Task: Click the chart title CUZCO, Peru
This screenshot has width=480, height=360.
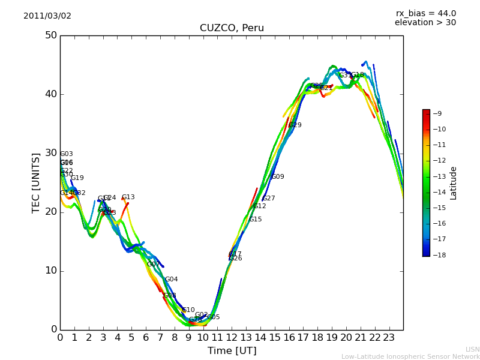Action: (x=232, y=28)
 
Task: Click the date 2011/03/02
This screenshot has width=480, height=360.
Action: (x=47, y=16)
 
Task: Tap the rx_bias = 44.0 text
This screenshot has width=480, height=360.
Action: (x=425, y=14)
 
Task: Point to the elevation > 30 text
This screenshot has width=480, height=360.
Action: (x=425, y=23)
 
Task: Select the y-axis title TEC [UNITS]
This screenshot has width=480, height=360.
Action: (x=36, y=182)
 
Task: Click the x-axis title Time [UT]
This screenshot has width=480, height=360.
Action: (x=232, y=351)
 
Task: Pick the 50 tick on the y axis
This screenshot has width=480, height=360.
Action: (x=50, y=35)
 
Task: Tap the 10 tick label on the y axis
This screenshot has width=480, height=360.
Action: (x=50, y=271)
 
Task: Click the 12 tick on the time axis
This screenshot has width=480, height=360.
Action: (x=232, y=338)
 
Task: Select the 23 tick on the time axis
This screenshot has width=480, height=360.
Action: (x=389, y=338)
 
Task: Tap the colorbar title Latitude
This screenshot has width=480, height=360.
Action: (x=454, y=182)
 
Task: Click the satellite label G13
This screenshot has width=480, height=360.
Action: (x=128, y=197)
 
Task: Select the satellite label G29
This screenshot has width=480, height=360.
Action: (x=295, y=125)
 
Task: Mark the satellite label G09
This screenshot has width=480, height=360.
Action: (x=278, y=177)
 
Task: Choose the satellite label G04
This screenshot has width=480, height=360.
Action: (x=171, y=280)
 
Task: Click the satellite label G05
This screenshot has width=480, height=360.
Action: (x=213, y=317)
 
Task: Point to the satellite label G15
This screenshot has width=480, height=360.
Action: (x=256, y=220)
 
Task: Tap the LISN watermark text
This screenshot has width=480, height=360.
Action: (x=472, y=349)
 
